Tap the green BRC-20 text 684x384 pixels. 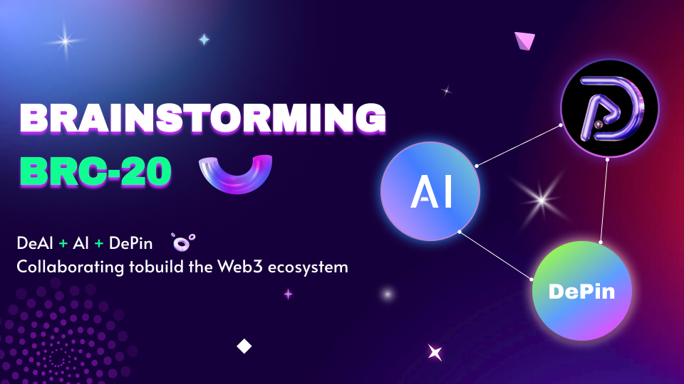[95, 171]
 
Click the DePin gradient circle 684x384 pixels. [582, 291]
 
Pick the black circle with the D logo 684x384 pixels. [609, 109]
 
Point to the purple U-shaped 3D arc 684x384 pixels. [236, 174]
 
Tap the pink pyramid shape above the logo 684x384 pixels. [525, 41]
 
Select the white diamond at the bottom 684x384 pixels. [244, 346]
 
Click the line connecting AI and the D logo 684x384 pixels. [518, 145]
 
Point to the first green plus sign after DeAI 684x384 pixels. [63, 244]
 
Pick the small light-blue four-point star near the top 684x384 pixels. [204, 40]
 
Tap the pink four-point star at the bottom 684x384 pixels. [434, 351]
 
